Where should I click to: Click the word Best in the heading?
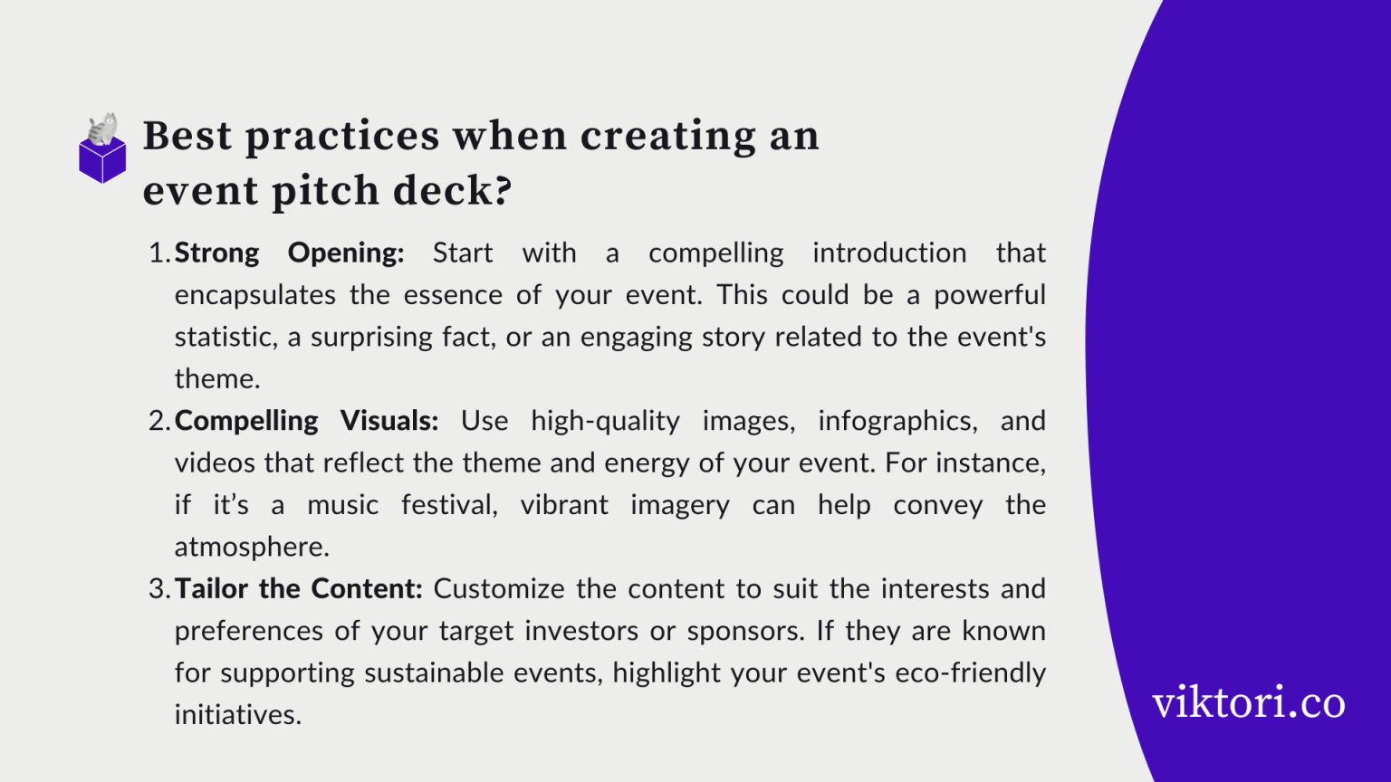[x=187, y=137]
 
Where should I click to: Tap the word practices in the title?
[x=342, y=137]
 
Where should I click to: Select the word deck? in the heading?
[x=452, y=191]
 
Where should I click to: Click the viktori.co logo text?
[x=1248, y=702]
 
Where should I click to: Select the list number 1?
[x=158, y=253]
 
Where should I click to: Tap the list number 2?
[x=158, y=421]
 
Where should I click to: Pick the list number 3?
[x=158, y=589]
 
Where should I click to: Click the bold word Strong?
[x=216, y=253]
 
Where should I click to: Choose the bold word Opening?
[x=346, y=253]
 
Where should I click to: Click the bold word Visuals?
[x=389, y=421]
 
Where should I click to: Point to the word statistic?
[x=225, y=338]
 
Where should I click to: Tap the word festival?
[x=449, y=505]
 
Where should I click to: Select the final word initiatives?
[x=237, y=715]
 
